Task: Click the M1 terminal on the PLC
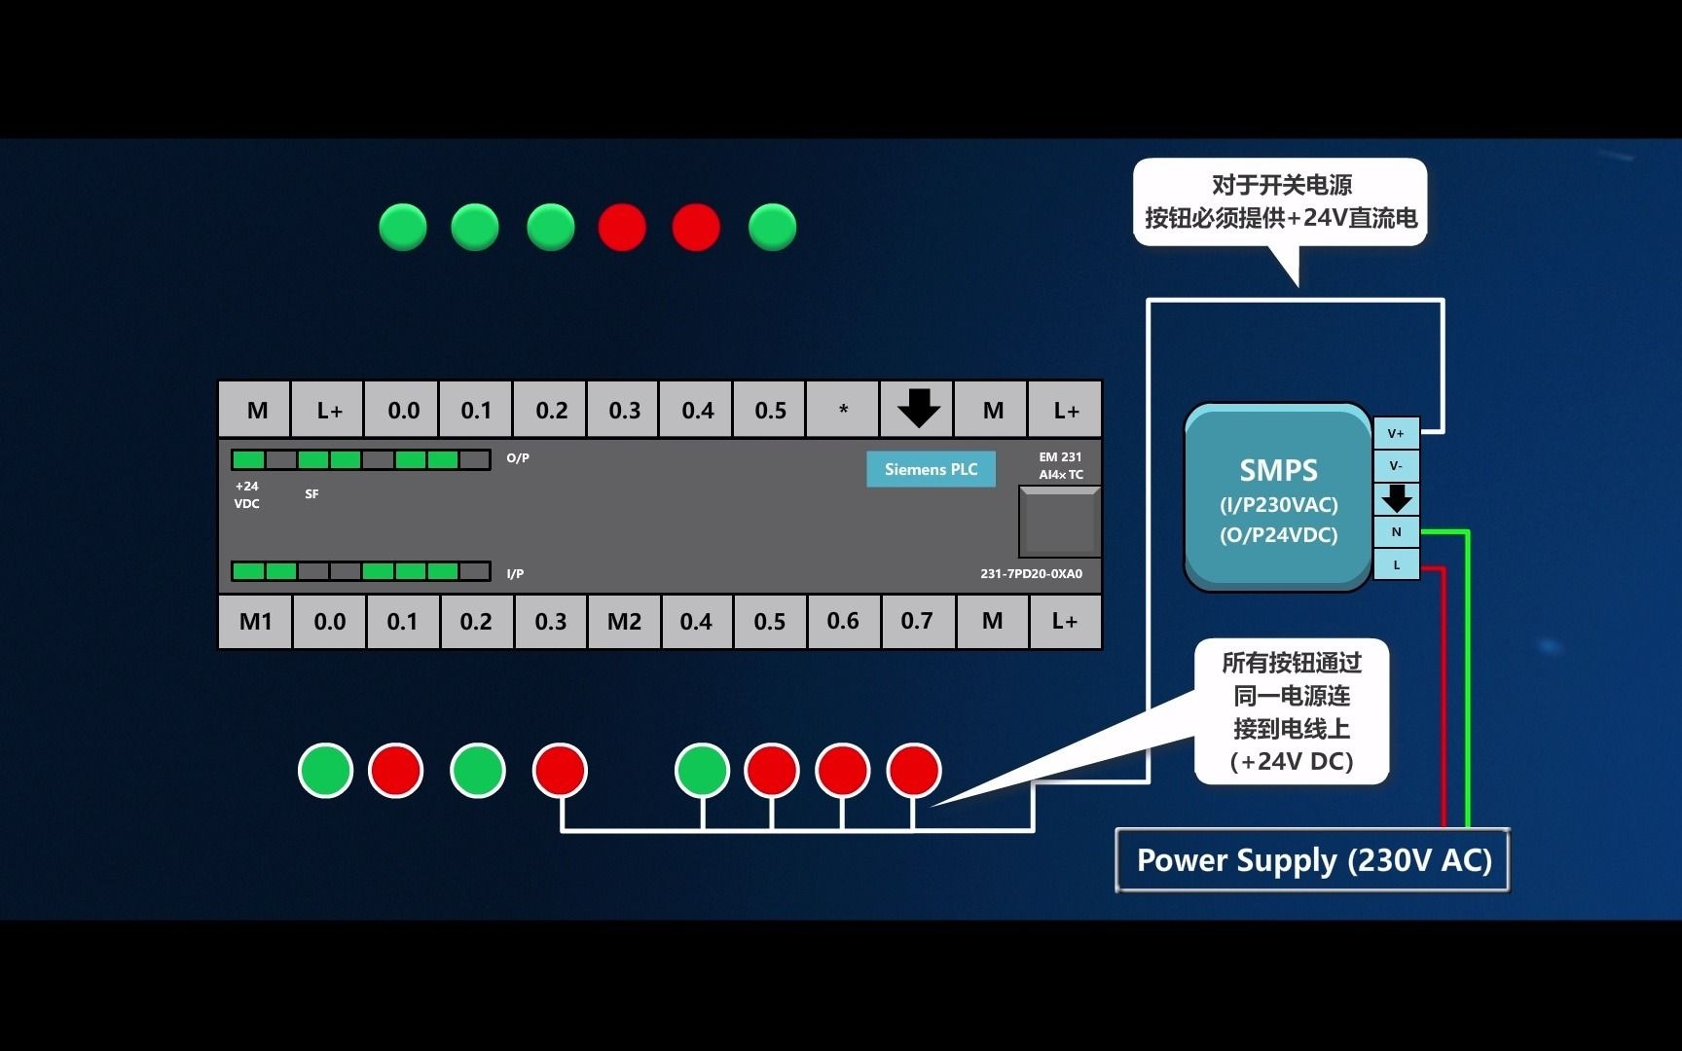point(256,622)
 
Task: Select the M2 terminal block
point(624,622)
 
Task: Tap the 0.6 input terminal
point(843,622)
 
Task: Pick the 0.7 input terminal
point(917,622)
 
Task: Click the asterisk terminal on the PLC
point(843,410)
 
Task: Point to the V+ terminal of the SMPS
point(1396,433)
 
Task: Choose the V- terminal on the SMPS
point(1396,466)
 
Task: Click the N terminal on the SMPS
point(1396,532)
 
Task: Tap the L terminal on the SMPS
point(1396,564)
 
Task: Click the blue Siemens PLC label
point(931,469)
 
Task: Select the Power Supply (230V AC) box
point(1312,860)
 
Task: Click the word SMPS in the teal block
point(1278,471)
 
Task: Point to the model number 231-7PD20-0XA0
point(1031,574)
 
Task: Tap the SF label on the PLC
point(311,494)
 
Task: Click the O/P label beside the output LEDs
point(518,458)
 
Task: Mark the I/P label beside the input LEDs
point(515,574)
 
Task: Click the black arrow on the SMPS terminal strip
point(1397,499)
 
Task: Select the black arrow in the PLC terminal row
point(918,409)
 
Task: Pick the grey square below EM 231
point(1059,523)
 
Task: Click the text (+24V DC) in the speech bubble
point(1292,761)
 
